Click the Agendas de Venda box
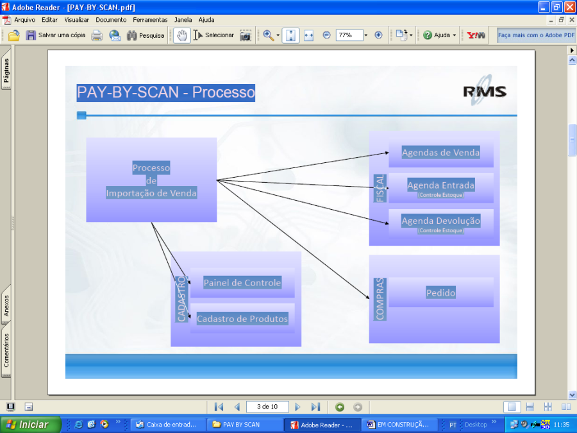pos(440,153)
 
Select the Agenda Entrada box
pos(440,187)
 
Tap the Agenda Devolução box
pos(440,223)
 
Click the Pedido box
pos(440,293)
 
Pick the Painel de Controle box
pos(242,282)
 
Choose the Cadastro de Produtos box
pos(242,318)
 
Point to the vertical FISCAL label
pos(380,188)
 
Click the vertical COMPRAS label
pos(380,299)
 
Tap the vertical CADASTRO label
pos(181,299)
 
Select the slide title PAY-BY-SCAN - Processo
pos(165,92)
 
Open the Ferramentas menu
pos(150,20)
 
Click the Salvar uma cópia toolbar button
pos(55,35)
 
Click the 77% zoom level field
pos(349,35)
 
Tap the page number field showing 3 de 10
pos(267,407)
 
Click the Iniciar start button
pos(28,425)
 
